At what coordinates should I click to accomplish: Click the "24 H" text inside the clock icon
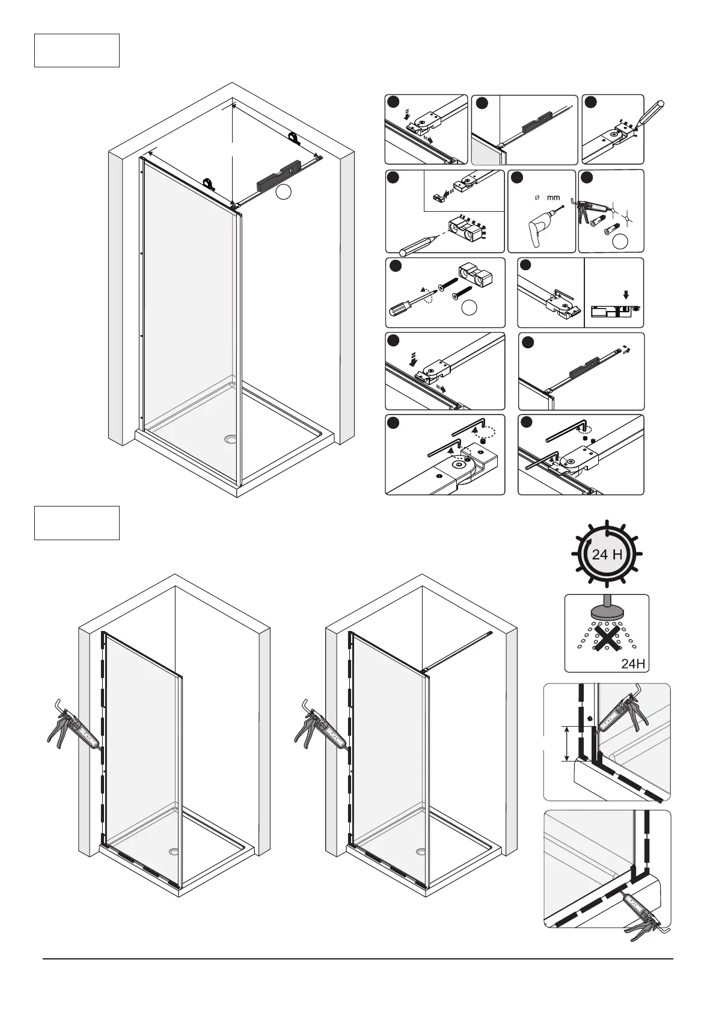coord(607,555)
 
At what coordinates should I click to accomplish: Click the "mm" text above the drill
coord(553,197)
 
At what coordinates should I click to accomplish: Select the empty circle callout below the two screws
coord(470,307)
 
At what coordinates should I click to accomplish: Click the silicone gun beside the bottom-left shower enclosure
coord(72,726)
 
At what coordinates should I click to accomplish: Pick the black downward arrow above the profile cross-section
coord(626,295)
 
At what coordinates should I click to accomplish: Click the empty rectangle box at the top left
coord(77,51)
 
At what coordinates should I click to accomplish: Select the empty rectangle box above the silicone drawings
coord(77,523)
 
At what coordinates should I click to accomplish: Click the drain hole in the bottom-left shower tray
coord(174,852)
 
